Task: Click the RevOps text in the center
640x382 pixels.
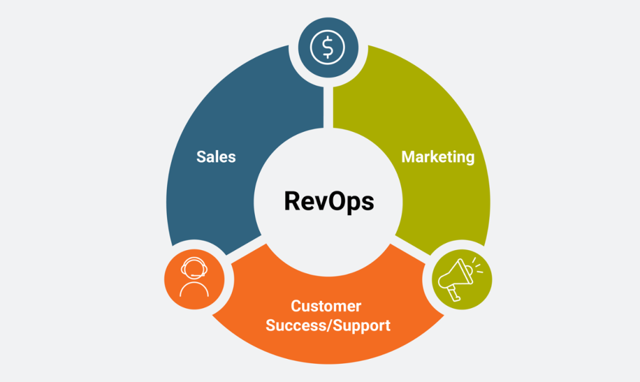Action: [329, 201]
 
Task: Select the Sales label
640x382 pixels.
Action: [216, 156]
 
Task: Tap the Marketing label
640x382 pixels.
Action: [437, 156]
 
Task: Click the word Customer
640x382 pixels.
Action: [326, 306]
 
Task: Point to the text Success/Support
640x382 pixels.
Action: [328, 325]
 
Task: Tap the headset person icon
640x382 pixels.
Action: [194, 277]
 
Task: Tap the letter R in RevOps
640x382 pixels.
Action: [292, 201]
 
